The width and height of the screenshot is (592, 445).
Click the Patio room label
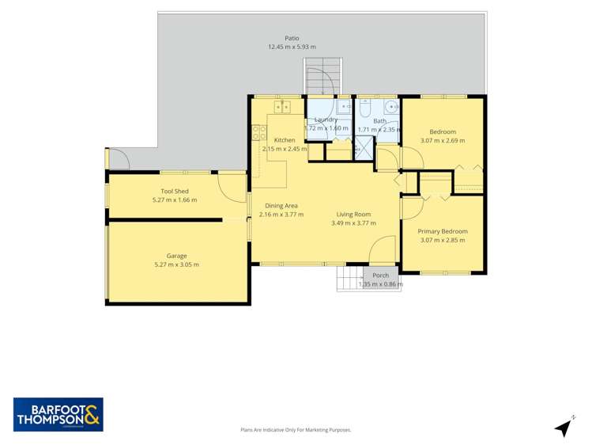292,38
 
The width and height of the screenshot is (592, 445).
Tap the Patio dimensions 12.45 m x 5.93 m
292,47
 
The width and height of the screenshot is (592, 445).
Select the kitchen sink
282,105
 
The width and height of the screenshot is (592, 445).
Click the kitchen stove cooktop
258,133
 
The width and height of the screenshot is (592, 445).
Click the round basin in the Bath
390,108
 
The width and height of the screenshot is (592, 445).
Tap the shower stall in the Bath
363,146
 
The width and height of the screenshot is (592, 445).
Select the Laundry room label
326,120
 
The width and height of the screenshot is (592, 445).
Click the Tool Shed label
174,191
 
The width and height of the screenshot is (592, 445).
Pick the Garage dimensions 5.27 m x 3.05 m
176,264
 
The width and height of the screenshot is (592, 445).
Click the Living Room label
353,215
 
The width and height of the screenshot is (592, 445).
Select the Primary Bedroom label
443,231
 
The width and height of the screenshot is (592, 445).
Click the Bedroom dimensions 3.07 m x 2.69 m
443,140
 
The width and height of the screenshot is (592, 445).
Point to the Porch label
380,276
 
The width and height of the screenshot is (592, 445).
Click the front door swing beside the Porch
383,250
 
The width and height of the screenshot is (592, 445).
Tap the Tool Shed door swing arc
234,188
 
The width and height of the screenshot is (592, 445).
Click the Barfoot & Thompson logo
58,414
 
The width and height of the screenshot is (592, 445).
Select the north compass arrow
564,427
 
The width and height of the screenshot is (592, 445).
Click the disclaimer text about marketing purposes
296,429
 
